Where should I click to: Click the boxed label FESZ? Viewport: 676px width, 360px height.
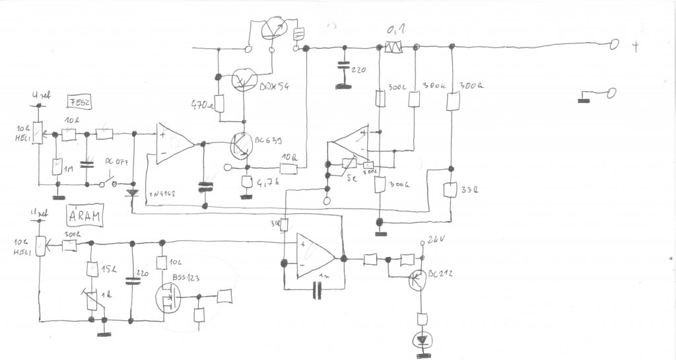[79, 102]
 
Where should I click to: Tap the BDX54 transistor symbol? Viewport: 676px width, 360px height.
[244, 80]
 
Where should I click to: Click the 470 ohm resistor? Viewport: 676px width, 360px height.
[220, 104]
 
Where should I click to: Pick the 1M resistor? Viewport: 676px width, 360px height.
[57, 167]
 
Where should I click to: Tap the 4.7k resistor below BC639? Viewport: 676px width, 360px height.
[247, 182]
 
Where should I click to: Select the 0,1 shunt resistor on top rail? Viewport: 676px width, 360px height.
[394, 48]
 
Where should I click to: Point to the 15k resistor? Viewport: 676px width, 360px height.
[91, 270]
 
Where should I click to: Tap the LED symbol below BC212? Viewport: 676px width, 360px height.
[420, 341]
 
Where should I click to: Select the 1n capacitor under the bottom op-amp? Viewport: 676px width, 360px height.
[318, 289]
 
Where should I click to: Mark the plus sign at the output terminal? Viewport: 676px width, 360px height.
[636, 46]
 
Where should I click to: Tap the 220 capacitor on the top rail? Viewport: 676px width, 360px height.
[342, 67]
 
